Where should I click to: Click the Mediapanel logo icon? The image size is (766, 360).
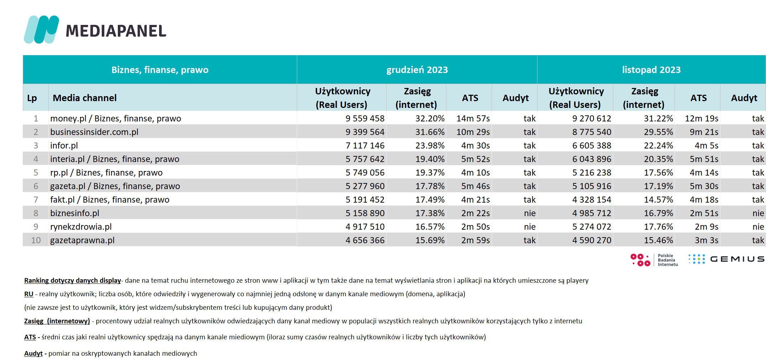pyautogui.click(x=41, y=30)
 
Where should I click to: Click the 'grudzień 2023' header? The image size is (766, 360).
pyautogui.click(x=417, y=70)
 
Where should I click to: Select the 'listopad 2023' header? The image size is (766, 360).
pyautogui.click(x=651, y=70)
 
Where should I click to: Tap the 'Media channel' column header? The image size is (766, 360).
pyautogui.click(x=85, y=98)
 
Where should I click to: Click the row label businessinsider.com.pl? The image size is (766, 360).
pyautogui.click(x=94, y=132)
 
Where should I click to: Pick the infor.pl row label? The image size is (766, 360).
pyautogui.click(x=64, y=146)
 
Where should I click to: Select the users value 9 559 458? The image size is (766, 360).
pyautogui.click(x=365, y=119)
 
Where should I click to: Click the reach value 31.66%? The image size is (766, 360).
pyautogui.click(x=430, y=132)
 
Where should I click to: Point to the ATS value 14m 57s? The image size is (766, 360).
pyautogui.click(x=473, y=119)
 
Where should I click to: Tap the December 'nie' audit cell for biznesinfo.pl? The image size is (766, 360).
pyautogui.click(x=530, y=213)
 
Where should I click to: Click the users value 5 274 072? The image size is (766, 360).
pyautogui.click(x=592, y=227)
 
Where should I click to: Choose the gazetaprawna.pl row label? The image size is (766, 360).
pyautogui.click(x=82, y=240)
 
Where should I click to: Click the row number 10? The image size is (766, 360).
pyautogui.click(x=36, y=240)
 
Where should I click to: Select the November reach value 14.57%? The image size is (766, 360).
pyautogui.click(x=659, y=200)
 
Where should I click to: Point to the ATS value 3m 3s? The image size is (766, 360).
pyautogui.click(x=707, y=240)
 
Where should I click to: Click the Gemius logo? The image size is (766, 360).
pyautogui.click(x=726, y=259)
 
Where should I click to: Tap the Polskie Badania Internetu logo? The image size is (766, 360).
pyautogui.click(x=654, y=260)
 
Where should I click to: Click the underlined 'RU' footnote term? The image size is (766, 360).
pyautogui.click(x=29, y=294)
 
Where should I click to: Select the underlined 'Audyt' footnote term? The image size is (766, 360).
pyautogui.click(x=33, y=354)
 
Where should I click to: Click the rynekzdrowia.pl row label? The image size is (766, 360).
pyautogui.click(x=81, y=227)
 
